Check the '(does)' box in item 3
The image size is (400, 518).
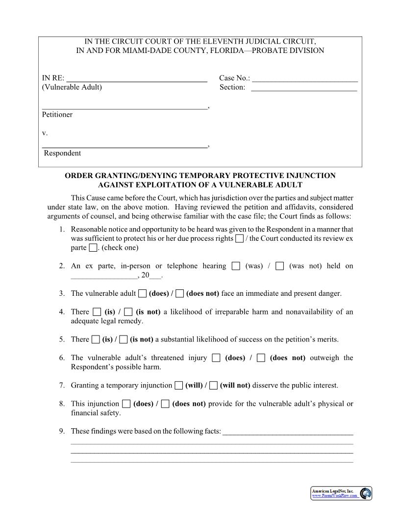(142, 294)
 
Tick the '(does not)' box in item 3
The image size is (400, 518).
(180, 294)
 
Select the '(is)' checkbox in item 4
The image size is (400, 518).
(97, 312)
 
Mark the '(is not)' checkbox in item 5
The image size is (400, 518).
(124, 339)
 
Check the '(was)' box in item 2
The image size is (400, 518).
(236, 266)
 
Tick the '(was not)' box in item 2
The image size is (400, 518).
(280, 266)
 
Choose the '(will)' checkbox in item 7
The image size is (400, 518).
(179, 386)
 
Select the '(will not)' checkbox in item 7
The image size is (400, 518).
(213, 386)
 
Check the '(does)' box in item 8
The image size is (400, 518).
(126, 404)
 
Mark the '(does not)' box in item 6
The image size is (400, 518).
(261, 358)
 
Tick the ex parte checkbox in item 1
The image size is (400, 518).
(93, 248)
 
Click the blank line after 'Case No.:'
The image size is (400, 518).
(305, 78)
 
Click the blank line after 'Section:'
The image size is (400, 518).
(304, 88)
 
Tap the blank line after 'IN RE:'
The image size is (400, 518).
(137, 78)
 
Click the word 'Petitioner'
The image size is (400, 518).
(57, 114)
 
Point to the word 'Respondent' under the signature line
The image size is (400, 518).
(62, 153)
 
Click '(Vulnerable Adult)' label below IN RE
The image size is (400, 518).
(72, 87)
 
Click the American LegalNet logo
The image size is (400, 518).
(365, 493)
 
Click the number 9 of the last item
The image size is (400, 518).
(61, 432)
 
